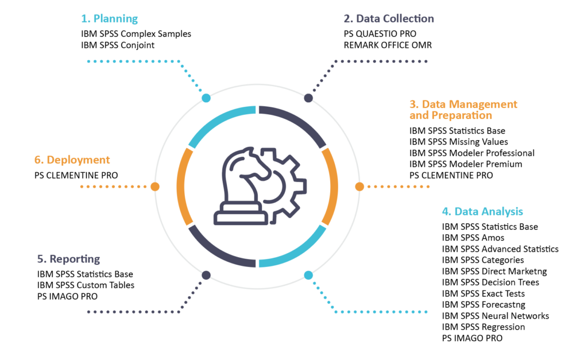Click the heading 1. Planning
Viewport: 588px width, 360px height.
tap(110, 19)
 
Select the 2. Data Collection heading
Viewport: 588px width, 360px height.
tap(389, 19)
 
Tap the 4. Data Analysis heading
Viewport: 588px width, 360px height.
tap(482, 211)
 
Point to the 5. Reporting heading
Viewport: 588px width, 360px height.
tap(67, 259)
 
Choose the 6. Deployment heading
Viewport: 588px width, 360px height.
tap(72, 160)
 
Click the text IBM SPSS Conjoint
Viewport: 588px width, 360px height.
tap(118, 45)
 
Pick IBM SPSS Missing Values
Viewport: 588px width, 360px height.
tap(458, 142)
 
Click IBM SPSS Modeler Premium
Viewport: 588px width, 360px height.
tap(466, 164)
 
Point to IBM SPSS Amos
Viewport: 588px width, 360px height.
tap(473, 238)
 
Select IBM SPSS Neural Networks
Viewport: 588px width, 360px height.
tap(495, 316)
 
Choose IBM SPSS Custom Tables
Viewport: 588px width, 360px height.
tap(86, 285)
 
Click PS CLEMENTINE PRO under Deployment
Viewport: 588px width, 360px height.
tap(76, 175)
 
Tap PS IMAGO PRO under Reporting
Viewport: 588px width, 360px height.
tap(67, 296)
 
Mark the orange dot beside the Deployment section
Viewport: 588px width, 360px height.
tap(154, 186)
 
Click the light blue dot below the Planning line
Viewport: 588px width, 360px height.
tap(206, 98)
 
